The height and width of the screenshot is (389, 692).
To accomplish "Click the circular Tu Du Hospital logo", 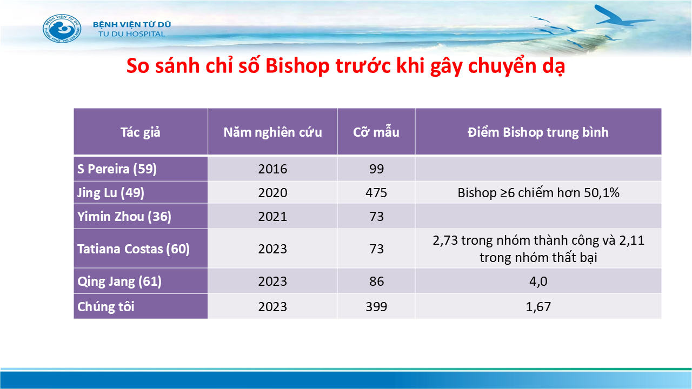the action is coord(62,29).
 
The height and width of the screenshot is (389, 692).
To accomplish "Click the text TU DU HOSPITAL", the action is coord(132,34).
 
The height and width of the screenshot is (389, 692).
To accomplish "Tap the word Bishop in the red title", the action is coord(297,66).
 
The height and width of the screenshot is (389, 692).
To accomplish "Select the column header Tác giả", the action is coord(140,132).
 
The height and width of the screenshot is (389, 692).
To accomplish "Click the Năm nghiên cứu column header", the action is coord(272,132).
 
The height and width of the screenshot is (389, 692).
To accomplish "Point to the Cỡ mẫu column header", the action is coord(376,132).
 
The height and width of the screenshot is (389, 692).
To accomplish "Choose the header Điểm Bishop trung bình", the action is coord(538,132).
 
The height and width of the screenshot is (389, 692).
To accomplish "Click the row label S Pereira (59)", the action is coord(117,169).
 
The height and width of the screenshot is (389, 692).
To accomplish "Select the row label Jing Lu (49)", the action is coord(111,193).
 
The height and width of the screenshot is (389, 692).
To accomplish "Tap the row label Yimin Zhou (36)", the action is coord(124,217).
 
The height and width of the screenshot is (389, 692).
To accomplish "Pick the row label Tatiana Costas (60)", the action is coord(134,249).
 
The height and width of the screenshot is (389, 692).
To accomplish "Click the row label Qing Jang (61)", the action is coord(119,281).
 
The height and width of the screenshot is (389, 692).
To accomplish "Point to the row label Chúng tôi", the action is coord(105,306).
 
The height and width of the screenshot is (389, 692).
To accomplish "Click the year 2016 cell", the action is coord(272,169).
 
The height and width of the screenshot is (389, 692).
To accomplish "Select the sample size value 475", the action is coord(376,193).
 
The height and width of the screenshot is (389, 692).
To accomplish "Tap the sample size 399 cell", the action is coord(376,306).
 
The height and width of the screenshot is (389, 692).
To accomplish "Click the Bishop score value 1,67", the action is coord(538,306).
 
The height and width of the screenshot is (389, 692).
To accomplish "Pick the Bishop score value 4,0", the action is coord(538,281).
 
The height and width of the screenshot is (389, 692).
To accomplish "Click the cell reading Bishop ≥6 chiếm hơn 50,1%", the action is coord(538,193).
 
